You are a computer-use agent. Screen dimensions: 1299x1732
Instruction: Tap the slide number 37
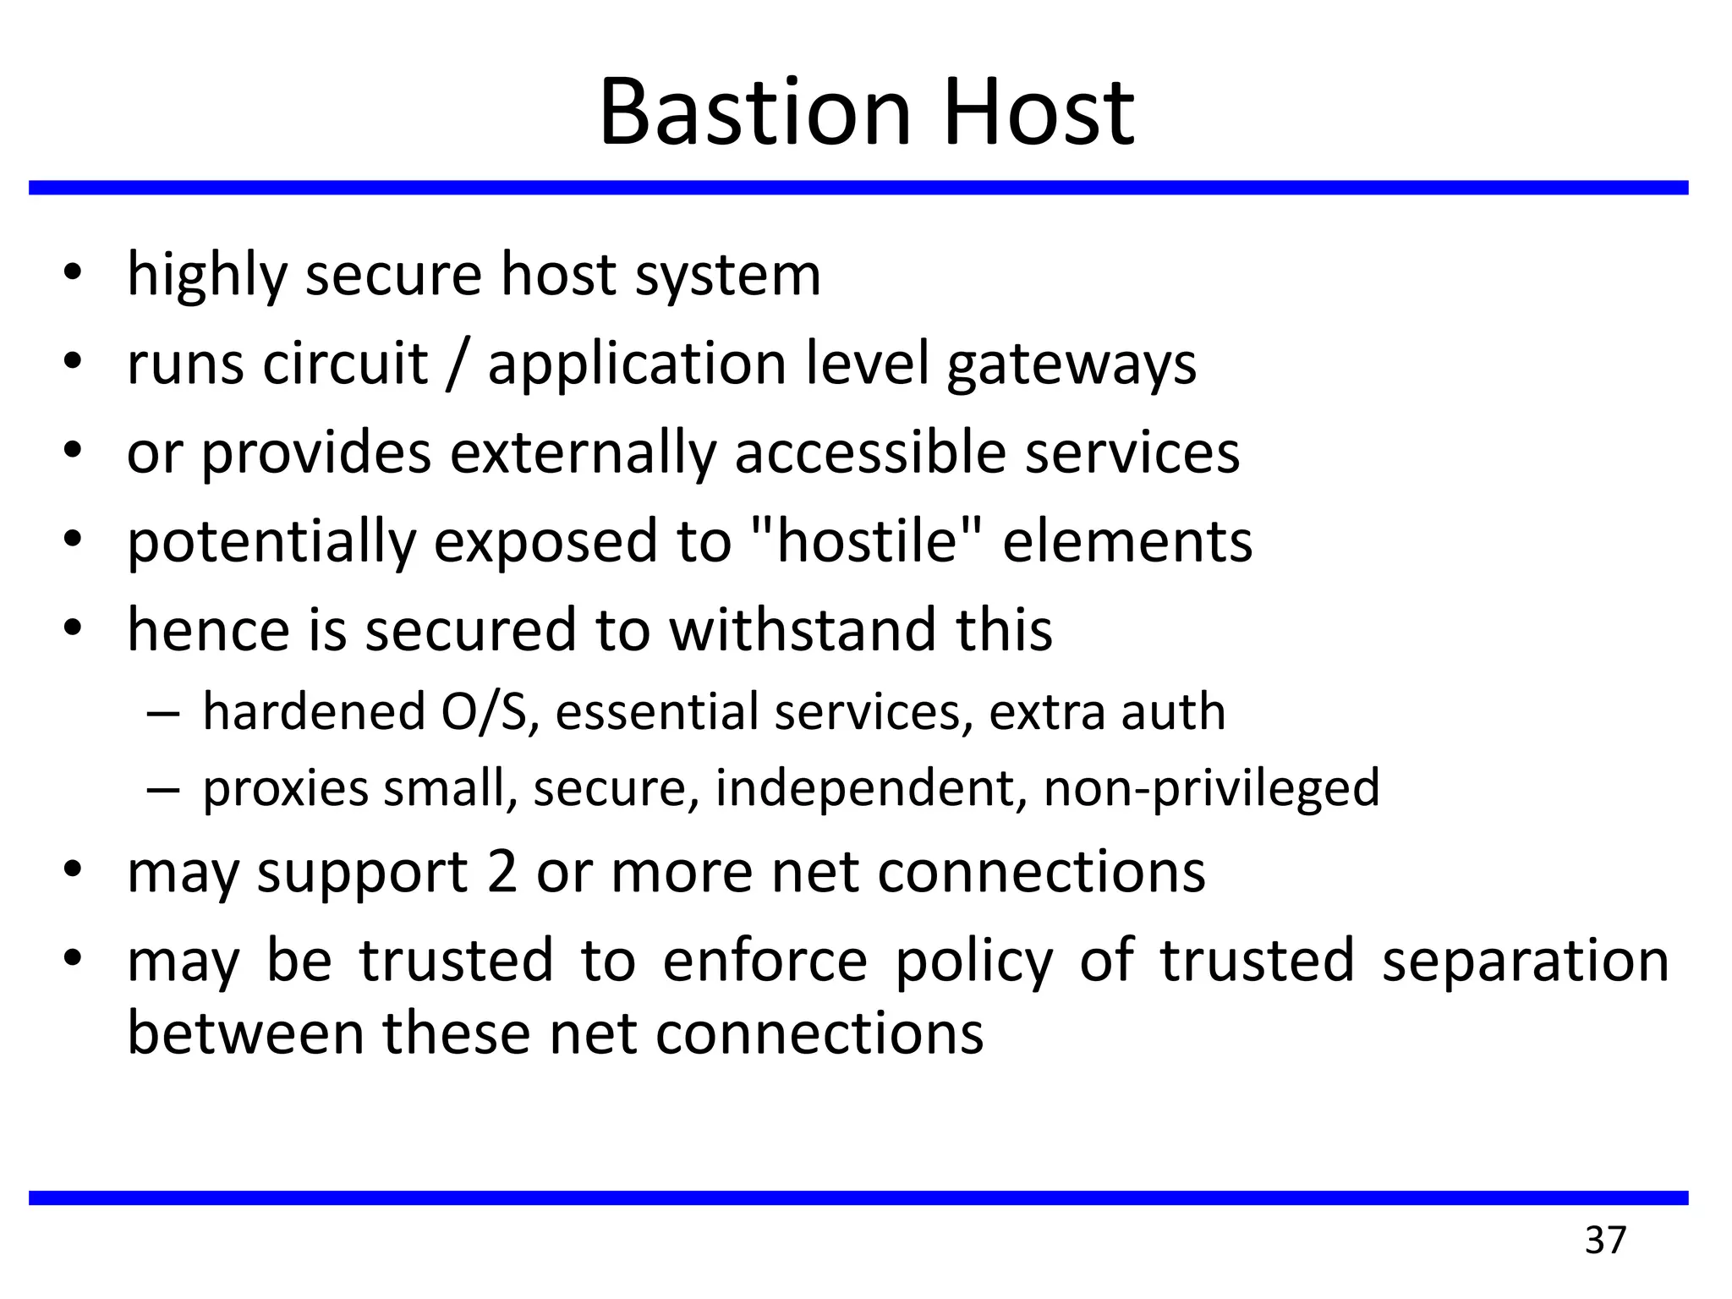(x=1605, y=1240)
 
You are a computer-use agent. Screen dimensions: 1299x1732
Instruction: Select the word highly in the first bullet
(x=207, y=277)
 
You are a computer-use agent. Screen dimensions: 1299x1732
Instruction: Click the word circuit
(x=345, y=364)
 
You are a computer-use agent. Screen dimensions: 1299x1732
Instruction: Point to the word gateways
(x=1071, y=365)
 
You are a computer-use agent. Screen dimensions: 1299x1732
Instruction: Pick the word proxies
(x=286, y=790)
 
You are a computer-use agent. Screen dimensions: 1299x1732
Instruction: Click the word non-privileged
(x=1211, y=790)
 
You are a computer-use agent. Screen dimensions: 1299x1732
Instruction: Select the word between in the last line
(x=244, y=1033)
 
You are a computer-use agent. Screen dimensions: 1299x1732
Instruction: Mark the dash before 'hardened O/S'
(x=162, y=712)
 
